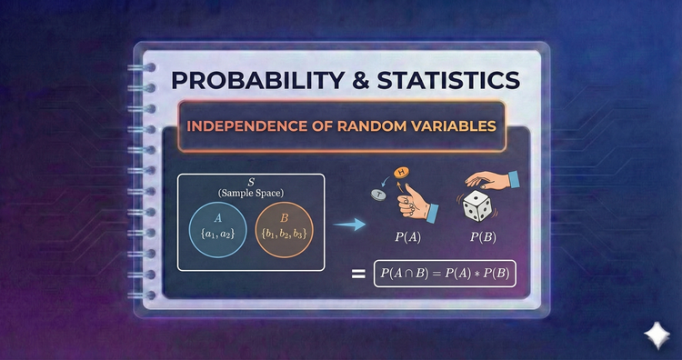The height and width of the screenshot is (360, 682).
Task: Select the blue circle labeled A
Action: (x=216, y=234)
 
